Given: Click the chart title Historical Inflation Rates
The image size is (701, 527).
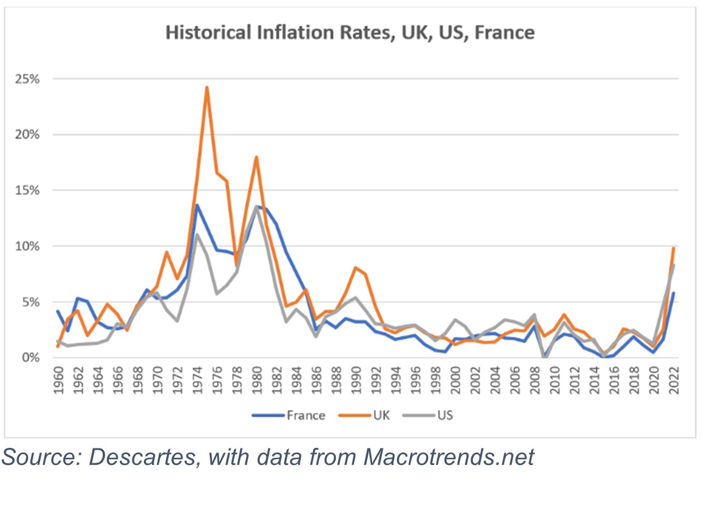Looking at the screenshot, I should pyautogui.click(x=350, y=32).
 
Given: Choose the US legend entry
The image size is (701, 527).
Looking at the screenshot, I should pyautogui.click(x=444, y=415).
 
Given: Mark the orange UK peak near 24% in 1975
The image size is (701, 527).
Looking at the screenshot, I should pyautogui.click(x=206, y=88).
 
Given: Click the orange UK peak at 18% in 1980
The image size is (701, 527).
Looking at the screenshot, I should pyautogui.click(x=256, y=157).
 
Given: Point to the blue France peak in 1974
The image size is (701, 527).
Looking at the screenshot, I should pyautogui.click(x=197, y=205).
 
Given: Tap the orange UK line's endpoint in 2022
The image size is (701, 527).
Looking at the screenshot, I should pyautogui.click(x=673, y=248).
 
